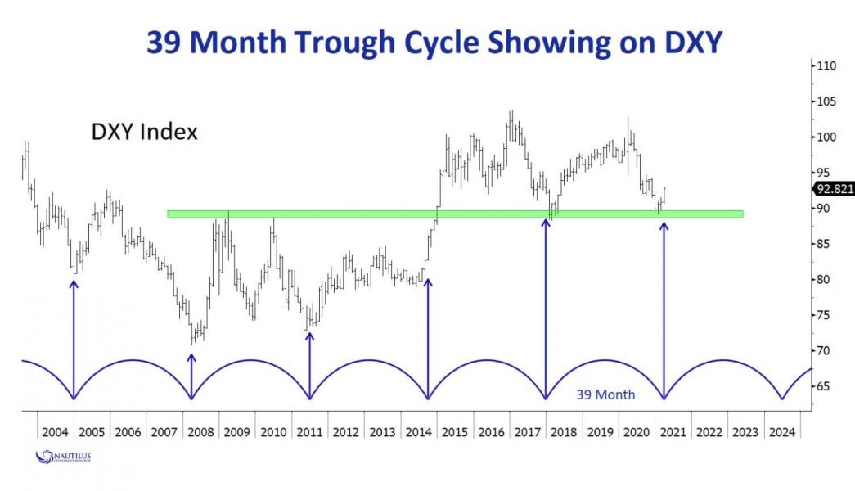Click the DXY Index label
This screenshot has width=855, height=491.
(144, 132)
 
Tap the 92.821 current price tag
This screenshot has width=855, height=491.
(834, 189)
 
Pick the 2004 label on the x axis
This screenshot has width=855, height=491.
(56, 431)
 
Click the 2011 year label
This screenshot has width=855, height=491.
(309, 431)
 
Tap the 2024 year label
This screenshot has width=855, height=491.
(782, 431)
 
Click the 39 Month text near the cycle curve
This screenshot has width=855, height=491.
(605, 394)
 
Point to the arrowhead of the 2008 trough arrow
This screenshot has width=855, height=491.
(191, 357)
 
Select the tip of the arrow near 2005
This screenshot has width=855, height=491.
(74, 283)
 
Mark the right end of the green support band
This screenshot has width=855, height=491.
(742, 214)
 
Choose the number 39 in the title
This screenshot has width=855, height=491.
(166, 43)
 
